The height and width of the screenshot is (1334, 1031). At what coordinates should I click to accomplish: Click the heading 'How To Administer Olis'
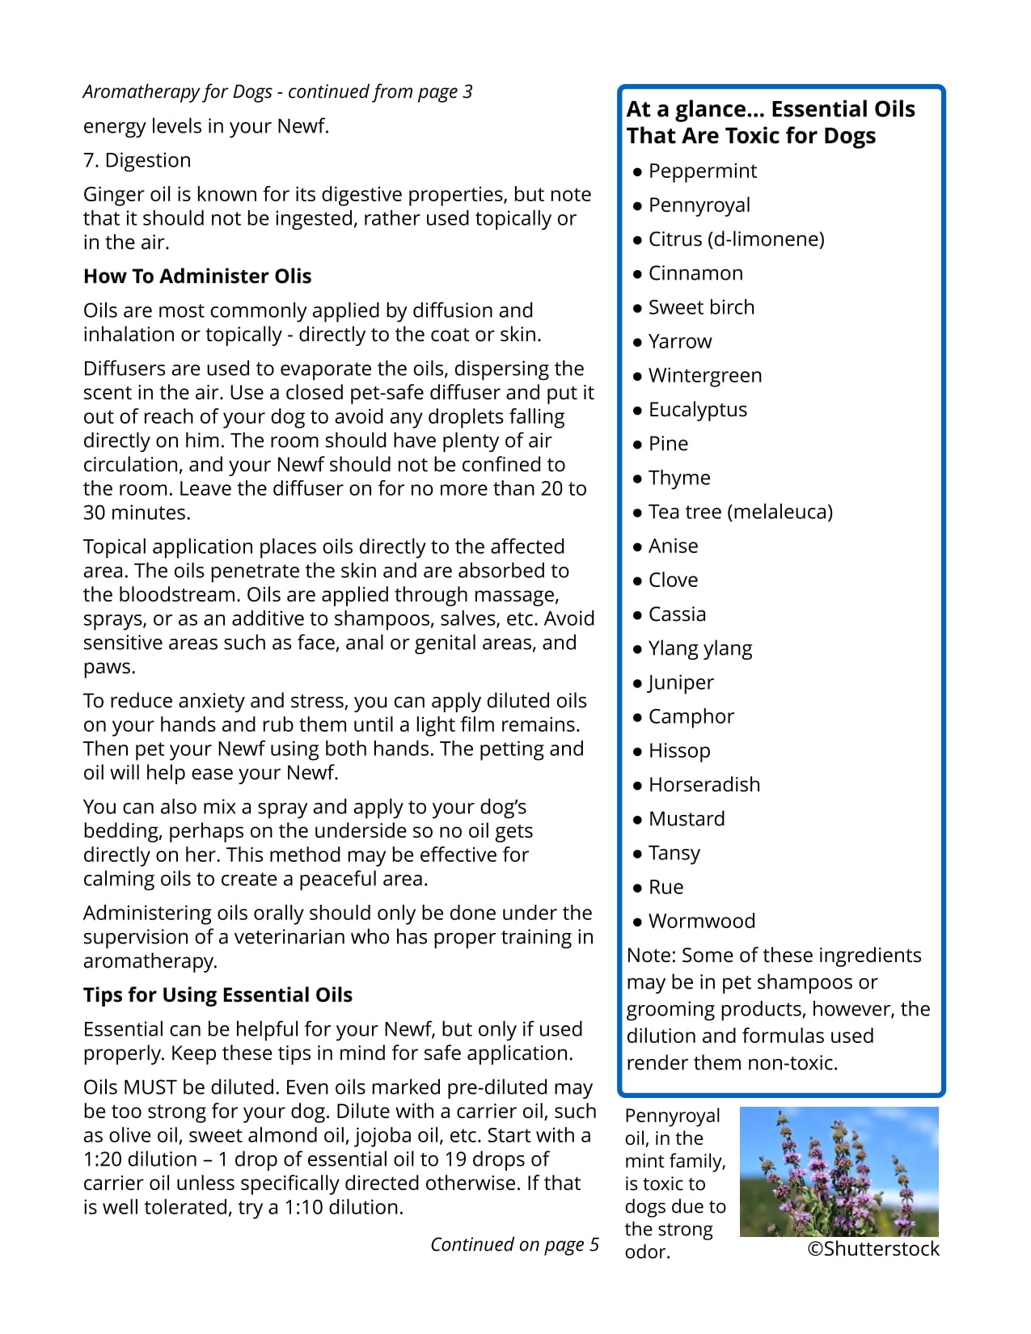pyautogui.click(x=196, y=277)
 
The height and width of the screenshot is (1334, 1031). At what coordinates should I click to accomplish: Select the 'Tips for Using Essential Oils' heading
pyautogui.click(x=218, y=995)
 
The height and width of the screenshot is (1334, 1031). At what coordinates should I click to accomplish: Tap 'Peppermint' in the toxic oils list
pyautogui.click(x=702, y=171)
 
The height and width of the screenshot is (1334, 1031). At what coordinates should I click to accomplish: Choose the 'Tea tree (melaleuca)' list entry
pyautogui.click(x=740, y=512)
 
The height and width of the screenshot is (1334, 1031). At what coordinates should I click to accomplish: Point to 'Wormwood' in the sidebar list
pyautogui.click(x=701, y=921)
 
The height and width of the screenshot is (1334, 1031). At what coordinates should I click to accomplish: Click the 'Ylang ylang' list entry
pyautogui.click(x=699, y=648)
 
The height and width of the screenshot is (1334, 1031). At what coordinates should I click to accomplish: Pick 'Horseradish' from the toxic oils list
pyautogui.click(x=704, y=785)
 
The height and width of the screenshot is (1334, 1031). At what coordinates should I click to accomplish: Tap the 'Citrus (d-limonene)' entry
pyautogui.click(x=736, y=239)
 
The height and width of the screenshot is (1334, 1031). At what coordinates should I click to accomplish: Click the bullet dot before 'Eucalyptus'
pyautogui.click(x=638, y=411)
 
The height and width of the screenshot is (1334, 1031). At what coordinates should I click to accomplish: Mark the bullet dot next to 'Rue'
pyautogui.click(x=638, y=888)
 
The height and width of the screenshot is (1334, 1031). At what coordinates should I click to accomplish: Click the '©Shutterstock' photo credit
pyautogui.click(x=873, y=1249)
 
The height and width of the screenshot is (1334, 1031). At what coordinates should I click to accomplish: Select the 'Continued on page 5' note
pyautogui.click(x=514, y=1244)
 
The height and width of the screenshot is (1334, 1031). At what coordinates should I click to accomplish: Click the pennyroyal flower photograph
pyautogui.click(x=839, y=1171)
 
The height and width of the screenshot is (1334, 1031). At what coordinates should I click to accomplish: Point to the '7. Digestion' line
pyautogui.click(x=137, y=160)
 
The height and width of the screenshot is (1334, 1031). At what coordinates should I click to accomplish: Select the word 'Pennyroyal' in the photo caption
pyautogui.click(x=672, y=1116)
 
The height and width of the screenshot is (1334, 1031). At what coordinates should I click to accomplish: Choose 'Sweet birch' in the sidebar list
pyautogui.click(x=701, y=307)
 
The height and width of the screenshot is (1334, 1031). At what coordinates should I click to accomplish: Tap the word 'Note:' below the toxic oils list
pyautogui.click(x=651, y=956)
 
